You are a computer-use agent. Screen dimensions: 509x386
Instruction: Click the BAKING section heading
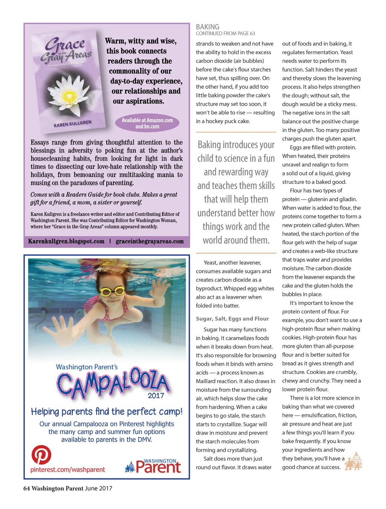207,27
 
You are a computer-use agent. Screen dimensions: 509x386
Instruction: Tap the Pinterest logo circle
41,455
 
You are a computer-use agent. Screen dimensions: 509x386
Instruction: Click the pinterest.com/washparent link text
67,470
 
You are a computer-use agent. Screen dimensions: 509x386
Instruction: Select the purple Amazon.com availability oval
147,123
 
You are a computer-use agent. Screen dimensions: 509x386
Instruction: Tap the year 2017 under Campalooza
156,396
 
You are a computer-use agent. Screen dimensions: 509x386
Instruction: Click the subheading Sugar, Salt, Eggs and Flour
232,319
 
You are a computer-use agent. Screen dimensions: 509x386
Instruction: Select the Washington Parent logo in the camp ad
153,466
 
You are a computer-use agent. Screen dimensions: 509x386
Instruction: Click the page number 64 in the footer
26,488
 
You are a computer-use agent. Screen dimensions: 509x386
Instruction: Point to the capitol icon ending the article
354,461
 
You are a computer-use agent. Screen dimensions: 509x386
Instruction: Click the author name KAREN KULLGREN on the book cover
72,124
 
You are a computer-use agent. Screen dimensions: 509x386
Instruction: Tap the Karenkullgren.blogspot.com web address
66,241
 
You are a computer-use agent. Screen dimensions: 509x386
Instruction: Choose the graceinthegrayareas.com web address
150,241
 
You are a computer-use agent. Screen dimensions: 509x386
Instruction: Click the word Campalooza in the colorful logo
113,383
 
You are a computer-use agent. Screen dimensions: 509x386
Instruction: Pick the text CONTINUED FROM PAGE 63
225,34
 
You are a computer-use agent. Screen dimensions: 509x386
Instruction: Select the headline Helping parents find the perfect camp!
107,411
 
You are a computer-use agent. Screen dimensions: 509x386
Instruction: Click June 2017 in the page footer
98,488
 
